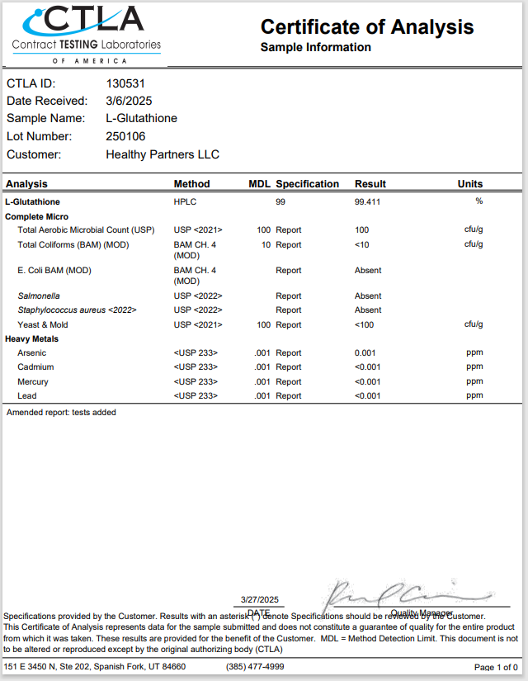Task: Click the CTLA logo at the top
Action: [86, 33]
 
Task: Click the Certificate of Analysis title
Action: [367, 26]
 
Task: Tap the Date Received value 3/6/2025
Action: [129, 101]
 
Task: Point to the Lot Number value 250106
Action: [125, 136]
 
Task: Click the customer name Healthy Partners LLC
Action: [163, 154]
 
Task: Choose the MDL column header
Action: [260, 184]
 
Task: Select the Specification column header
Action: [307, 184]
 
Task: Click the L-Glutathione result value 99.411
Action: [368, 201]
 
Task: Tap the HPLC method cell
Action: [184, 201]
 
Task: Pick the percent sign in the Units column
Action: [478, 201]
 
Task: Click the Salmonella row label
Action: [39, 296]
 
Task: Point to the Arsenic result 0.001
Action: [365, 352]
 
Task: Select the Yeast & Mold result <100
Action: [365, 324]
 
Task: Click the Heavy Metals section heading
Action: [32, 338]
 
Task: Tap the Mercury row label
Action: [33, 381]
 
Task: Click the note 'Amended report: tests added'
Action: [61, 412]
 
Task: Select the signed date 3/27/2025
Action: [259, 600]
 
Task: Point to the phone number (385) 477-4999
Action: [255, 666]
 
